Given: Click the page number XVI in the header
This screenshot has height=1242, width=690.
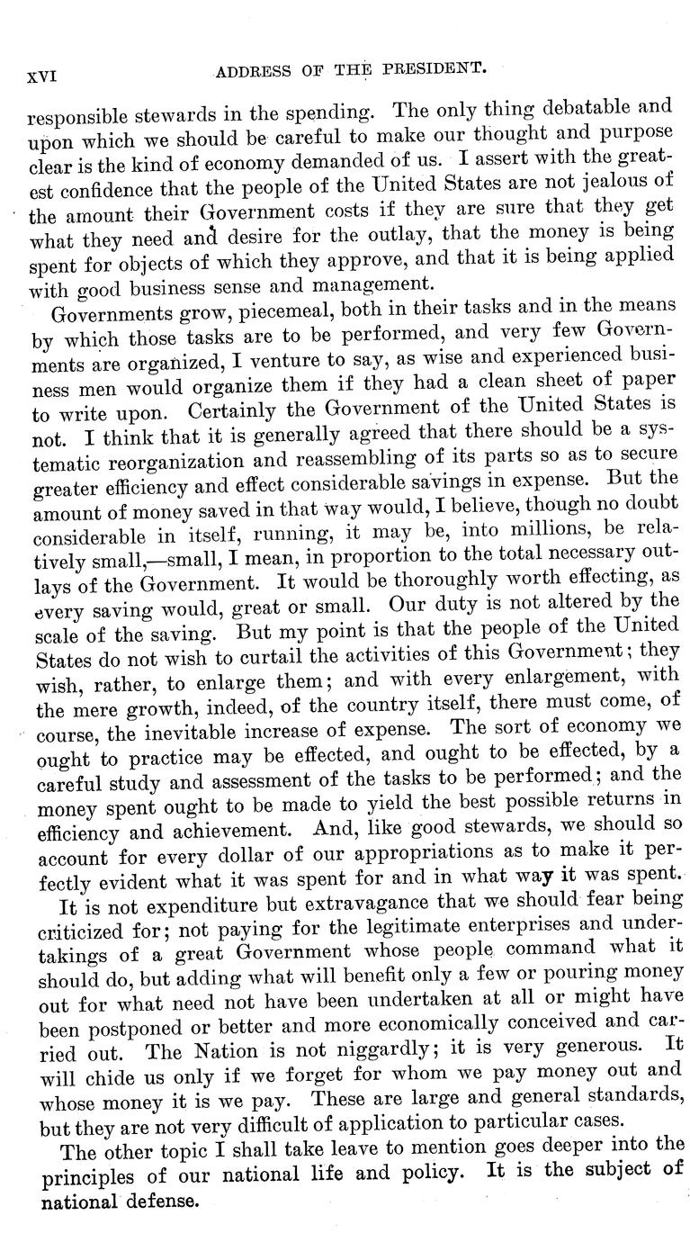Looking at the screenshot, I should [x=41, y=76].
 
